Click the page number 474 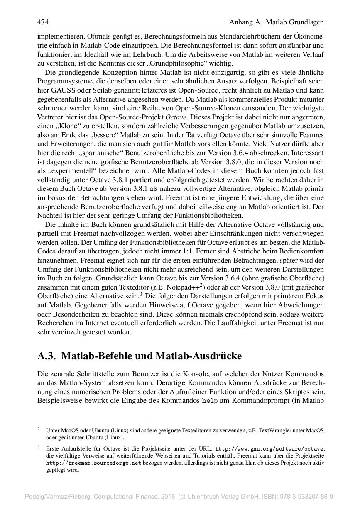coord(43,22)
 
